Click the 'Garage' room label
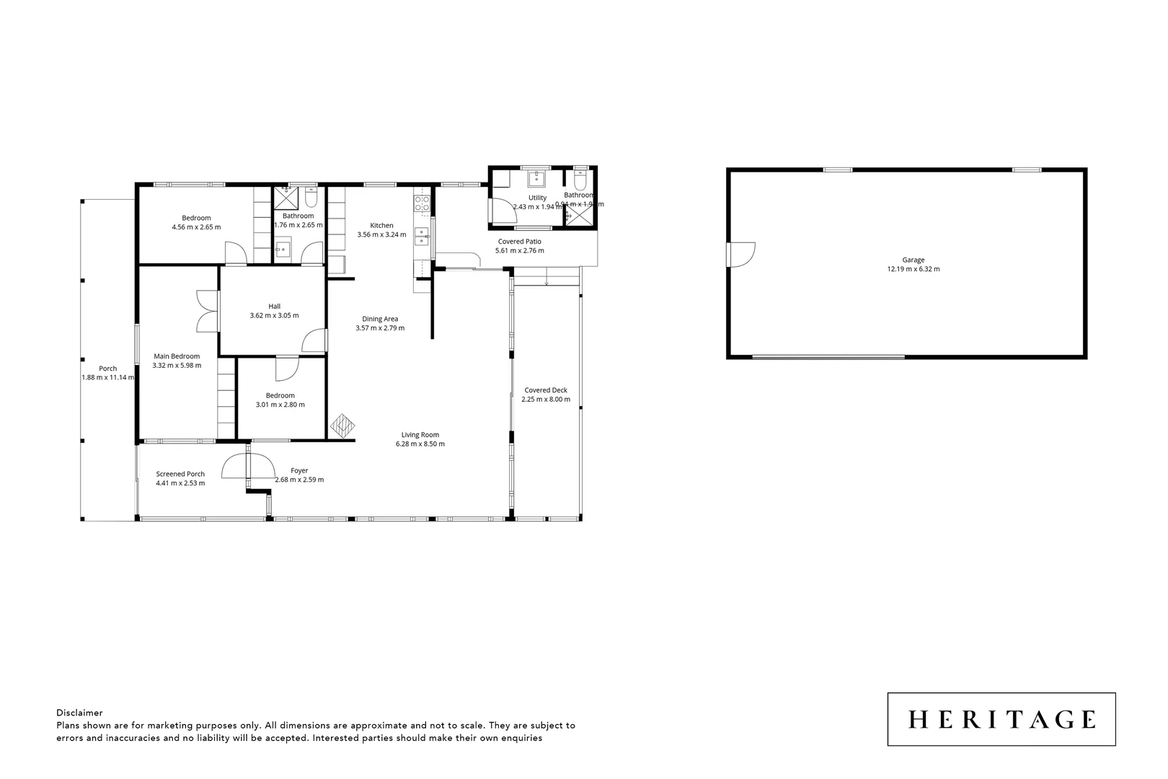913,260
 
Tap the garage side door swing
742,254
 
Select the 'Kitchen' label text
381,225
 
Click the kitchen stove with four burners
422,203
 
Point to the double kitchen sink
422,232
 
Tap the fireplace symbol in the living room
342,425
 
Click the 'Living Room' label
420,434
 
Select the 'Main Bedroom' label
177,356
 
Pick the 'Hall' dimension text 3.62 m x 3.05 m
274,315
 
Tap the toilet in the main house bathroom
311,197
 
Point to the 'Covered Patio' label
519,242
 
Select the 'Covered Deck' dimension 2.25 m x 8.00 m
546,399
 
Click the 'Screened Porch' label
180,474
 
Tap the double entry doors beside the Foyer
247,467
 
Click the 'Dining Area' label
380,319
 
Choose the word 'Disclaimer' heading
79,713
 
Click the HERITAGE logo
1001,719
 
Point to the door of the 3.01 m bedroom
286,368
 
